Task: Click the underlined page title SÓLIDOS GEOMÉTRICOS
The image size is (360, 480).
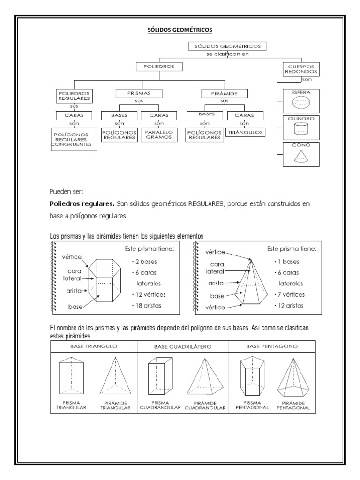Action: (x=180, y=30)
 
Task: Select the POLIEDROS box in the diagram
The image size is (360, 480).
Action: (x=158, y=67)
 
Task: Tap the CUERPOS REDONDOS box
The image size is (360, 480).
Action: (x=301, y=69)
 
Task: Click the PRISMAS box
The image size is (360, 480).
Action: (x=139, y=93)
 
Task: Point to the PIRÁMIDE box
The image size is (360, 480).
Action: (x=225, y=93)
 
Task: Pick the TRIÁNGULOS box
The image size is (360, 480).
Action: (x=245, y=133)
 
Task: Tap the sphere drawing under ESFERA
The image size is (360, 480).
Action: (x=300, y=103)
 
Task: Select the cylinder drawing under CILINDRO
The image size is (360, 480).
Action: (x=300, y=128)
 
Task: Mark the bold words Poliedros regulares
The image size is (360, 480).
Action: (x=82, y=205)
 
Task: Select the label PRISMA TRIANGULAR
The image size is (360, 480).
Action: (x=71, y=405)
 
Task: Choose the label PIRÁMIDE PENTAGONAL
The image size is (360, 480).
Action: (x=293, y=405)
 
